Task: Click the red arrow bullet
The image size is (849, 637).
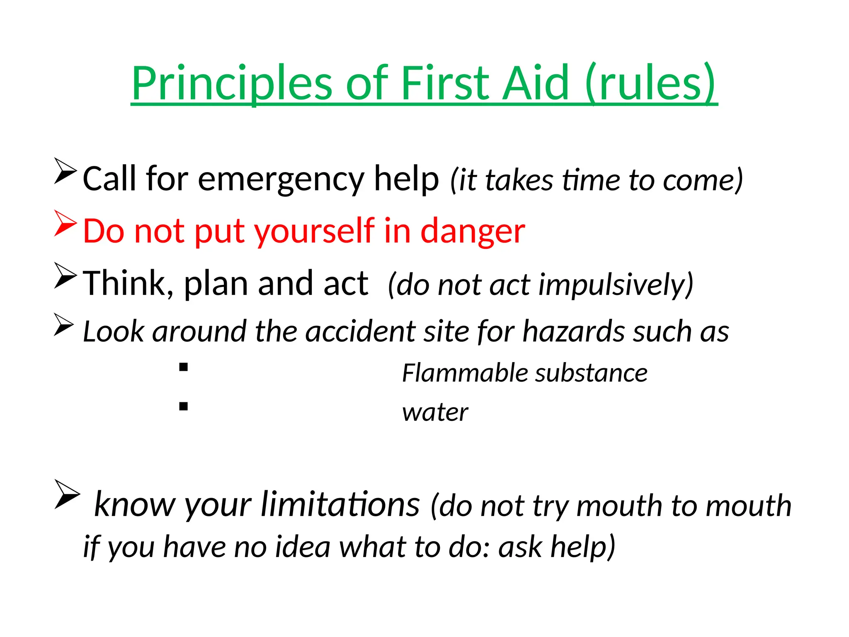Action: coord(65,224)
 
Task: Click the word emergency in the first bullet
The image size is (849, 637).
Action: coord(281,179)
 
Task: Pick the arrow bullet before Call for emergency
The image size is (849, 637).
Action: coord(65,171)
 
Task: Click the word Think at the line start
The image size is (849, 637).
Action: coord(124,284)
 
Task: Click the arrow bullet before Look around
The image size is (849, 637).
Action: coord(64,325)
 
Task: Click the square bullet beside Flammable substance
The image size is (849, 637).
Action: coord(184,367)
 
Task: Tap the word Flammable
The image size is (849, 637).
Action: coord(464,373)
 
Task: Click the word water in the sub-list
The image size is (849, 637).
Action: coord(435,413)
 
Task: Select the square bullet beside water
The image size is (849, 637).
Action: coord(184,406)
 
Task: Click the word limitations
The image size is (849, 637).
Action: coord(340,505)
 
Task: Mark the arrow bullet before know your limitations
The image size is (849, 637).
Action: coord(67,494)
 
